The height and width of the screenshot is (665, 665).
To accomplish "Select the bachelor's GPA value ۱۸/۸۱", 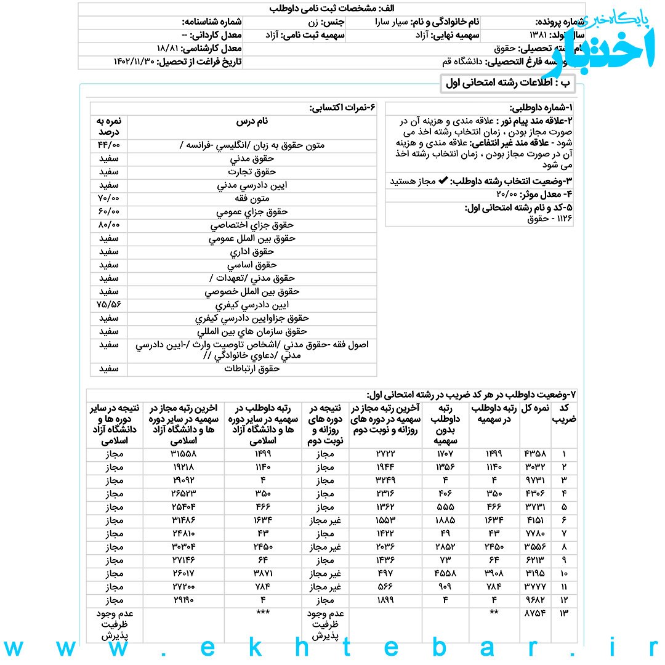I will (x=167, y=48).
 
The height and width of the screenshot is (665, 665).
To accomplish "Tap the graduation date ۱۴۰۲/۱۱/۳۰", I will (x=134, y=62).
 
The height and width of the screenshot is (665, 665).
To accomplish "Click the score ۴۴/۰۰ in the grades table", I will (x=109, y=145).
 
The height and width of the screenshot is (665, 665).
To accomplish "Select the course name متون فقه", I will (x=252, y=199).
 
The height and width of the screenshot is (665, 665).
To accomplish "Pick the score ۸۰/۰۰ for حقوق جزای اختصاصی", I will (x=109, y=225).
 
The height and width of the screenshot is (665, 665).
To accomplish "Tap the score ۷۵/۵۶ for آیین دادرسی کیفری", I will (x=109, y=305).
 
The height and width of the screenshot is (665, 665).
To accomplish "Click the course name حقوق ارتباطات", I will (x=252, y=369).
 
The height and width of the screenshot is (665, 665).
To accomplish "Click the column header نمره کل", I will (x=534, y=408).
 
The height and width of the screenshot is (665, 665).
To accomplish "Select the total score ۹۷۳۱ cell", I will (x=534, y=480).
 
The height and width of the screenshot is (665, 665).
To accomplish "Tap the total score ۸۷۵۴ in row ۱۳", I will (x=534, y=613).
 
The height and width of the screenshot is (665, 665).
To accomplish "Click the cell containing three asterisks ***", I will (x=264, y=613).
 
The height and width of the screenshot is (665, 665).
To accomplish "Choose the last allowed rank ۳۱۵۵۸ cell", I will (x=183, y=454).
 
